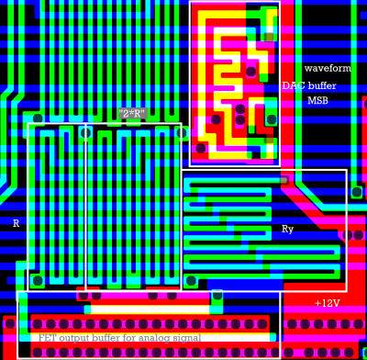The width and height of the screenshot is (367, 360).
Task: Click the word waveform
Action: [x=328, y=69]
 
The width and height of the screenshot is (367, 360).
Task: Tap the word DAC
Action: [x=293, y=85]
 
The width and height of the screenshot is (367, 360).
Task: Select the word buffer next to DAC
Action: [x=321, y=85]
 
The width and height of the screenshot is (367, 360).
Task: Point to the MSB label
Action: [x=317, y=101]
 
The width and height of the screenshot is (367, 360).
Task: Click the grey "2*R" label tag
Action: [x=134, y=114]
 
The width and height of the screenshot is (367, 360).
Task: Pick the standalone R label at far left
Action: [x=16, y=223]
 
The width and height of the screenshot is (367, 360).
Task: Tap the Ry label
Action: [x=287, y=229]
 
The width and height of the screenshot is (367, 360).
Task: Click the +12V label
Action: [x=327, y=303]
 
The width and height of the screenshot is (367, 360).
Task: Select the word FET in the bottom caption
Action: [x=47, y=338]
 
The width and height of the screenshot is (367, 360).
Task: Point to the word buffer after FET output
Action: [x=114, y=338]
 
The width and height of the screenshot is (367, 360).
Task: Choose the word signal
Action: [x=201, y=338]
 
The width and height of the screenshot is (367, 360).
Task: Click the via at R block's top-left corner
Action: [x=38, y=118]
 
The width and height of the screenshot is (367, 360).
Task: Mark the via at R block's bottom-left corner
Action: [x=38, y=280]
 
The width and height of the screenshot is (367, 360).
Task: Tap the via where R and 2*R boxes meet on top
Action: [x=85, y=131]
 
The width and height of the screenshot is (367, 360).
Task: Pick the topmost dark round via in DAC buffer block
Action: [x=250, y=71]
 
